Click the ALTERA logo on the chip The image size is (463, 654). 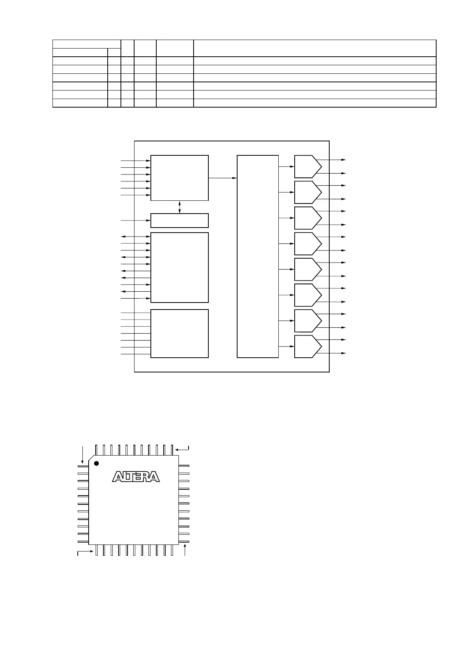click(x=136, y=477)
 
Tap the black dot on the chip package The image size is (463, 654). click(x=96, y=463)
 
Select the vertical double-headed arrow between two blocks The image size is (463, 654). click(x=179, y=207)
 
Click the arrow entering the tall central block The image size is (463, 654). click(x=223, y=178)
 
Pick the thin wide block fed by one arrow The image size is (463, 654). click(x=179, y=220)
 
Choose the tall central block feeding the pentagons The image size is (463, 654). click(x=258, y=256)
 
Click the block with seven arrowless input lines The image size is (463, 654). click(x=179, y=333)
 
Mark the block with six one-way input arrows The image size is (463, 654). click(x=179, y=178)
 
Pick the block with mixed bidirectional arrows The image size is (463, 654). click(x=179, y=267)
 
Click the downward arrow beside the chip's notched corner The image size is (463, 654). click(x=82, y=454)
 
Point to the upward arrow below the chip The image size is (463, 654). click(x=185, y=551)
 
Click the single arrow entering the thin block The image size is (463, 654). click(x=136, y=221)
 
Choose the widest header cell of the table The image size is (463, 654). click(x=314, y=48)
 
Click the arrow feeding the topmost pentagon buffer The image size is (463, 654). click(x=287, y=167)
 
